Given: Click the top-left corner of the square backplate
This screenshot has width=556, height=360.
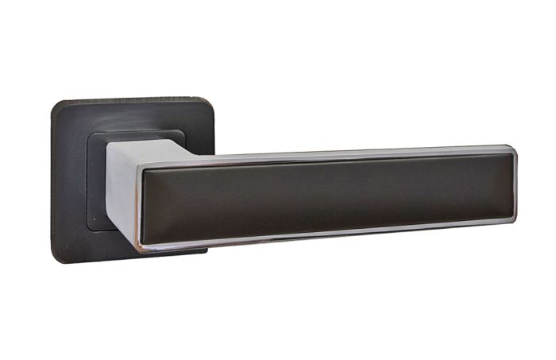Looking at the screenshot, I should (56, 104).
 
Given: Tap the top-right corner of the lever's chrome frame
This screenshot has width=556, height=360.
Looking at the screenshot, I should (513, 148).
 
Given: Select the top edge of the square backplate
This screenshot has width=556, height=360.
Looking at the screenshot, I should (131, 99).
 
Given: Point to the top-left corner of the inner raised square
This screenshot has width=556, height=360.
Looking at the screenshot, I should (88, 135).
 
